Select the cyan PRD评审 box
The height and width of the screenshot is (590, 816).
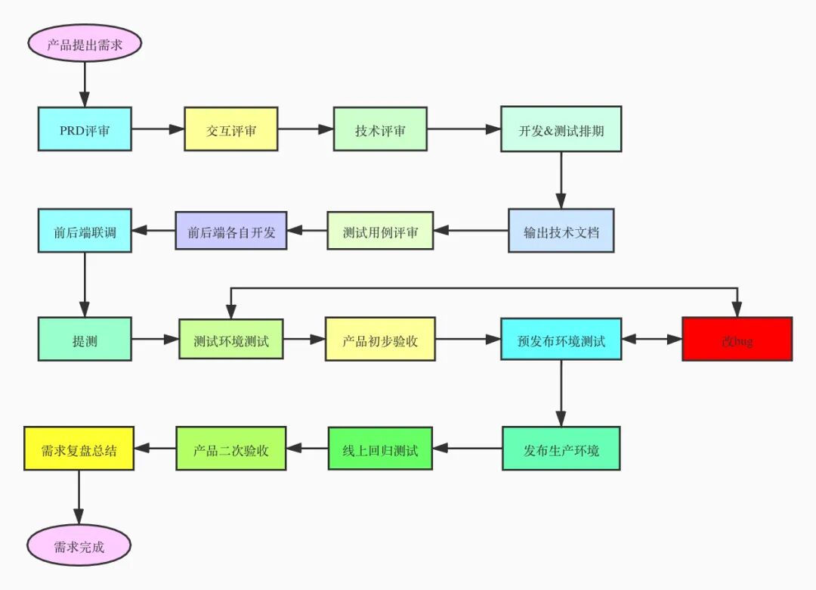pos(85,129)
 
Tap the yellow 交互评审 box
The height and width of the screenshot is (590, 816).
pos(231,129)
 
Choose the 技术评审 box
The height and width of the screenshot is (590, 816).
pos(380,129)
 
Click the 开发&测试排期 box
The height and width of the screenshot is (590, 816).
pos(561,129)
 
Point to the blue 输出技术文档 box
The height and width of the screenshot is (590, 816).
pos(561,230)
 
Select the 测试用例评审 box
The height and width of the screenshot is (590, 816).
pos(380,230)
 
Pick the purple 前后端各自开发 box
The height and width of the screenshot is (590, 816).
pos(231,230)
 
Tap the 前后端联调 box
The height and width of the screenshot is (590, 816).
pos(85,230)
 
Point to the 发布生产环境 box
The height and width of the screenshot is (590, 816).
pos(561,449)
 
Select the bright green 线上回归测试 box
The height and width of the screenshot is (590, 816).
pos(380,449)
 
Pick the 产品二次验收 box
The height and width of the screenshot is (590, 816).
pos(231,449)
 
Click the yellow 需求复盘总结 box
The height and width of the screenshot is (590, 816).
pos(79,449)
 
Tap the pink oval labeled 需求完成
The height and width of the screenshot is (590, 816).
pos(79,545)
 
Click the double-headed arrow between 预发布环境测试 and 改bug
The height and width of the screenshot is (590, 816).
pos(652,340)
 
